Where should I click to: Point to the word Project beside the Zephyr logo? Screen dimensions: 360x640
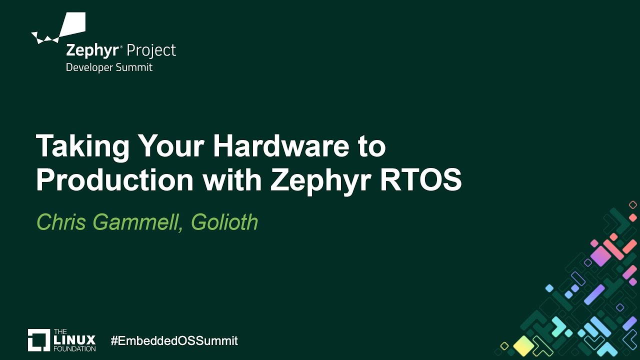click(151, 50)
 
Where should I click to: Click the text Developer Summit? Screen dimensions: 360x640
click(109, 67)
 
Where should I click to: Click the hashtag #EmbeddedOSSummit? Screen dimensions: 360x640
click(174, 341)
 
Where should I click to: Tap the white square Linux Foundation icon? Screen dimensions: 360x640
click(38, 340)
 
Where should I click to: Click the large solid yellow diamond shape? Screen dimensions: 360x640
click(523, 344)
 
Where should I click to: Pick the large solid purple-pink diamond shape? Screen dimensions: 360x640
click(600, 256)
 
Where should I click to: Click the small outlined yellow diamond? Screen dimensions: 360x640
click(504, 346)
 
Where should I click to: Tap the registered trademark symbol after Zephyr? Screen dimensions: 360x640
click(121, 46)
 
